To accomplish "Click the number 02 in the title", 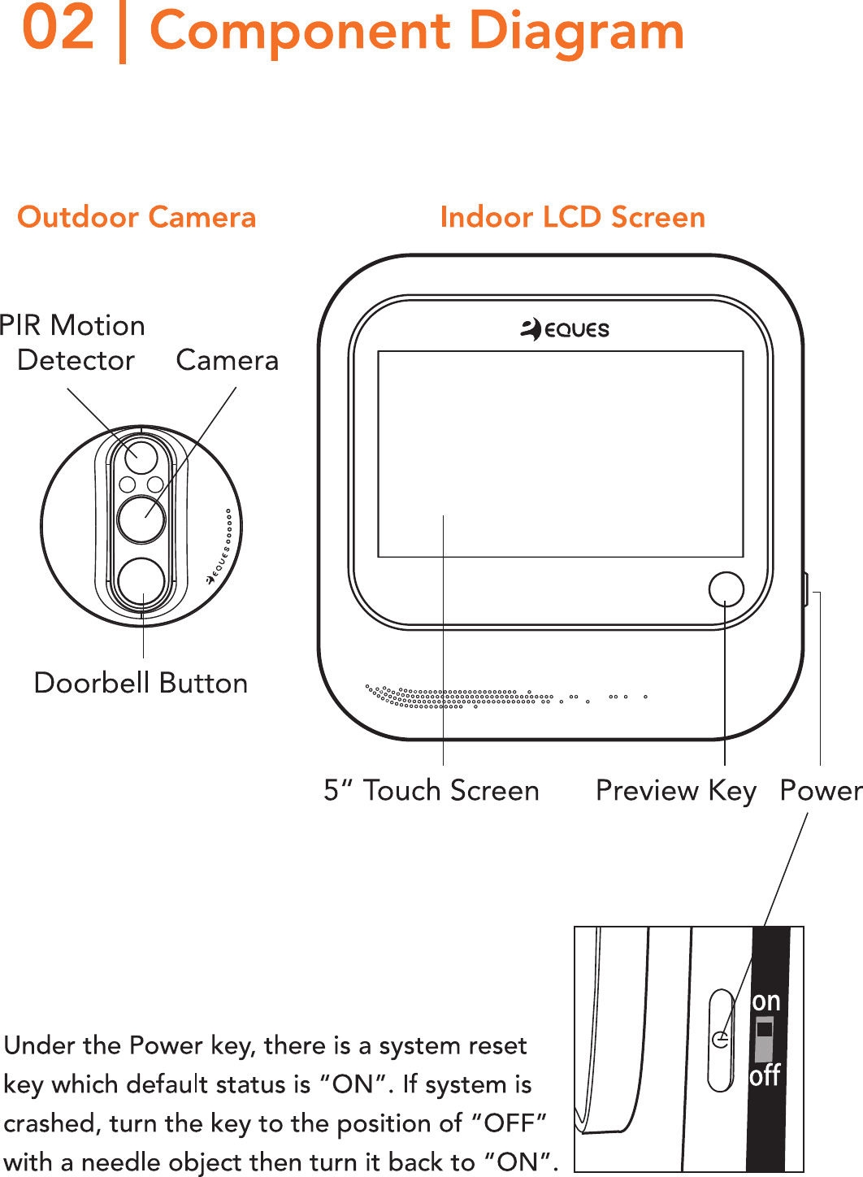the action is (59, 29).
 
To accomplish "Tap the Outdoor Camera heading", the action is (137, 218).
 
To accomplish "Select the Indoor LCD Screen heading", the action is (572, 218).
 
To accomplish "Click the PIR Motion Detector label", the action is (73, 342).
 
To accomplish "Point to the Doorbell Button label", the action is (141, 684).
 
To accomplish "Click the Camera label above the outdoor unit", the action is (227, 360).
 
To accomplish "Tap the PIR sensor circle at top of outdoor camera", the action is (141, 456).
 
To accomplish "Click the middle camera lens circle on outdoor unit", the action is (141, 519).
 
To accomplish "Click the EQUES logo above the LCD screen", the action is (565, 329).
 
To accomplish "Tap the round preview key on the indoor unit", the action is (726, 588).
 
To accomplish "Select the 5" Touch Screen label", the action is (431, 790).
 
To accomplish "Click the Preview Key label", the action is (675, 790).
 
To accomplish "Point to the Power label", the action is (820, 790).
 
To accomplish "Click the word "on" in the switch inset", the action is (765, 1001).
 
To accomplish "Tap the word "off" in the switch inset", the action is (765, 1075).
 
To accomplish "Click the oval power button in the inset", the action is (721, 1040).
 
